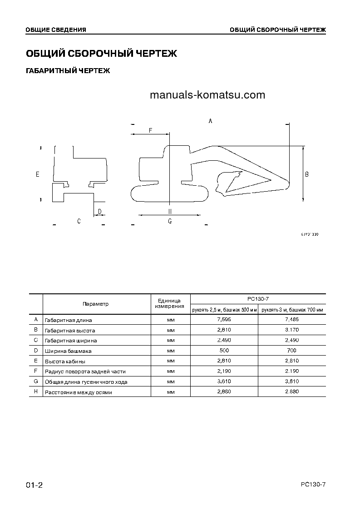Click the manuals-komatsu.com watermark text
click(207, 95)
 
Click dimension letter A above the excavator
click(210, 121)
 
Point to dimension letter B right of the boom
click(307, 174)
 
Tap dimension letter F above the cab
click(150, 130)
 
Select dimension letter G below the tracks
click(170, 221)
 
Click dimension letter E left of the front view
click(38, 174)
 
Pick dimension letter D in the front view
click(100, 212)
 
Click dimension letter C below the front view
click(79, 221)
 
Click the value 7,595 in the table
click(224, 320)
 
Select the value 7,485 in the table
click(291, 320)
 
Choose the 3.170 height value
click(291, 330)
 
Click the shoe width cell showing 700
click(291, 351)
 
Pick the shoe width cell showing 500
click(224, 351)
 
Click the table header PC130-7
click(257, 299)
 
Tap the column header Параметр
click(96, 304)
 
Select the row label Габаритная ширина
click(71, 341)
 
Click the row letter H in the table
click(36, 392)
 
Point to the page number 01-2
click(34, 485)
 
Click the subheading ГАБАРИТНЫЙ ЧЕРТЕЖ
click(68, 71)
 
